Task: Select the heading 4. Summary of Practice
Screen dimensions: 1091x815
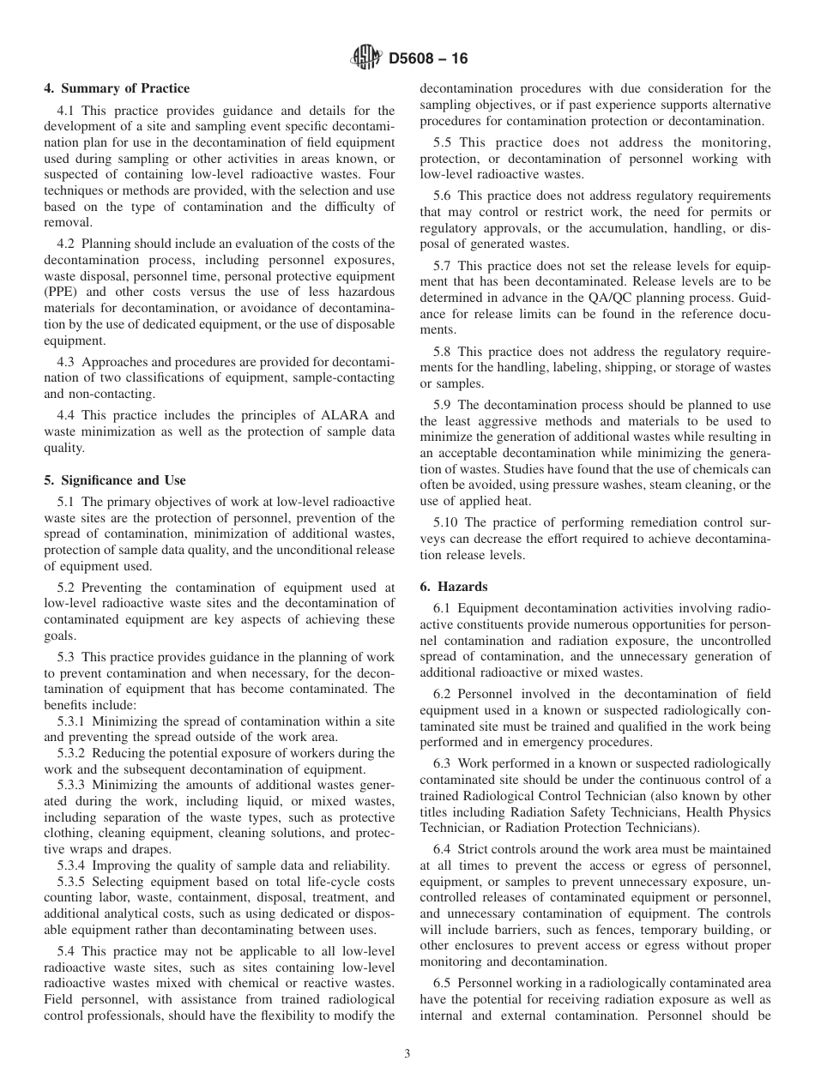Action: [117, 88]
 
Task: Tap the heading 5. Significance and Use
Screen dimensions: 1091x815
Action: [115, 480]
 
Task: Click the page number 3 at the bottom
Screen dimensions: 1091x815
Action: [407, 1054]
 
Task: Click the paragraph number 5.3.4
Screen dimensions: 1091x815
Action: [73, 865]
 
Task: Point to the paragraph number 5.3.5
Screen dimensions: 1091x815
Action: [73, 882]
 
